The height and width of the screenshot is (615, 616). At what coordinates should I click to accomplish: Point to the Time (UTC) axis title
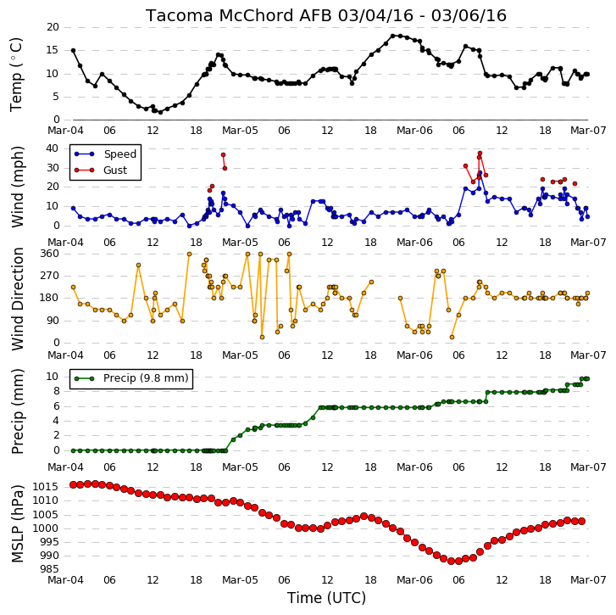pos(326,598)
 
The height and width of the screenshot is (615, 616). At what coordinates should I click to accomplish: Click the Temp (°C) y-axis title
pos(16,75)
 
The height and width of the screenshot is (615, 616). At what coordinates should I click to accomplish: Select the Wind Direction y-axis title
pos(18,299)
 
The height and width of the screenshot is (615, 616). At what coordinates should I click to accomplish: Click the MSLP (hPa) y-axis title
pos(17,524)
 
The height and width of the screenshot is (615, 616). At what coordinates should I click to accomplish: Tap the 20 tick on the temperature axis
pos(53,27)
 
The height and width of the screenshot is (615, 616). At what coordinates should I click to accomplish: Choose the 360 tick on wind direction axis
pos(49,254)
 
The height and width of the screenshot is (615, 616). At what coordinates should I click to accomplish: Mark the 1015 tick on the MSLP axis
pos(46,487)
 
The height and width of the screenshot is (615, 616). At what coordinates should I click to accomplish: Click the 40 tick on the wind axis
pos(53,148)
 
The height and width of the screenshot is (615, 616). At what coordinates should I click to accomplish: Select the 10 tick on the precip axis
pos(53,377)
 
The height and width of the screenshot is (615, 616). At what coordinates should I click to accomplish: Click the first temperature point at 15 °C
pos(73,50)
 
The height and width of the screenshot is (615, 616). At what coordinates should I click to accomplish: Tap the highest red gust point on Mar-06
pos(480,153)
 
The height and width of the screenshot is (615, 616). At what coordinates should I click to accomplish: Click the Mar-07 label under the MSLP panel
pos(588,580)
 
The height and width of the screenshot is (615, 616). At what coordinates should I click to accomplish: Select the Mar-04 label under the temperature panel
pos(65,130)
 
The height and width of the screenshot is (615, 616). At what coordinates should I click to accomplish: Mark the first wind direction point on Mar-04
pos(73,287)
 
